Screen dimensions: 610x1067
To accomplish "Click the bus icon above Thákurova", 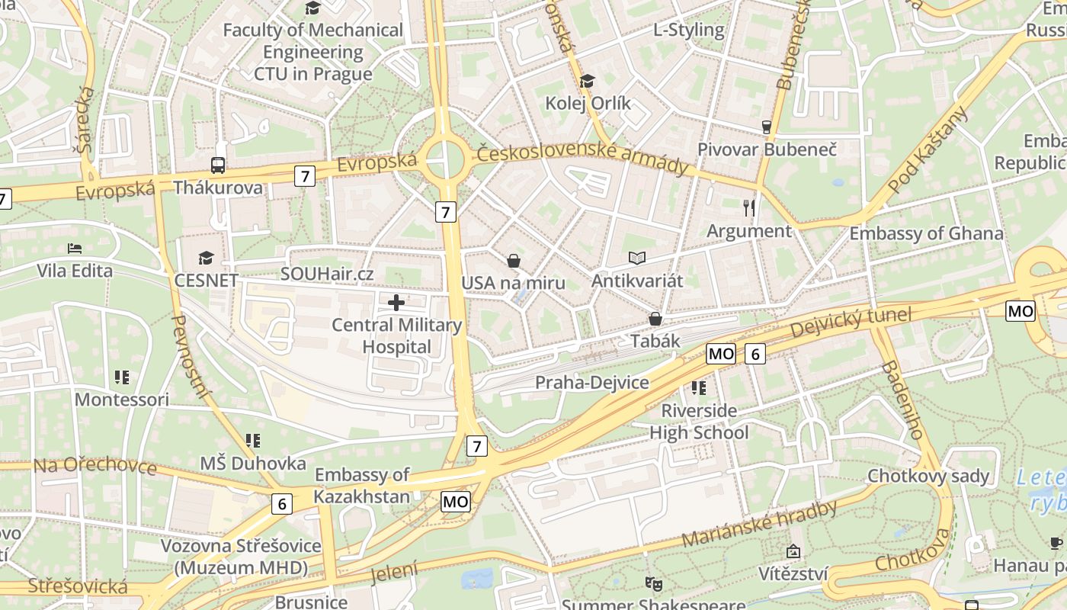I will point(218,165).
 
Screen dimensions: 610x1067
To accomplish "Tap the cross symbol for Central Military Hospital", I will point(396,303).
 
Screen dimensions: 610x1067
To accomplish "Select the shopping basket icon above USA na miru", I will point(514,261).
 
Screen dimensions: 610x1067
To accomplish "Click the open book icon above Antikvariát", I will point(637,259).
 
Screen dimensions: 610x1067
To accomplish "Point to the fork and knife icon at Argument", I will point(749,207).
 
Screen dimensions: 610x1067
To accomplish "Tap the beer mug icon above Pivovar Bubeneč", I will point(767,127).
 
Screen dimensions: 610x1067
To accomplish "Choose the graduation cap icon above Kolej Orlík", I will point(587,81).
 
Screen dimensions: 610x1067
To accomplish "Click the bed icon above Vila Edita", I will point(75,249).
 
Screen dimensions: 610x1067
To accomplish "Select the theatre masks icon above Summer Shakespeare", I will point(653,583).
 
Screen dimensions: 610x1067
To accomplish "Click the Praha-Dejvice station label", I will point(591,383).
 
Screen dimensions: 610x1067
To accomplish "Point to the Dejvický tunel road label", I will point(851,323).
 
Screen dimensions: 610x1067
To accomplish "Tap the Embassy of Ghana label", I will point(926,233).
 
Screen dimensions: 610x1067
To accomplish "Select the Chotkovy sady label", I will point(928,477).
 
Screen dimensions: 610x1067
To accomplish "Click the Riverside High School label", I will point(699,422).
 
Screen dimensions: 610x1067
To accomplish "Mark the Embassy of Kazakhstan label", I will point(362,486).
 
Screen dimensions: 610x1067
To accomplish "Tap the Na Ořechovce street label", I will point(95,465).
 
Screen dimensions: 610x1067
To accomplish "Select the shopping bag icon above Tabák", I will point(655,319).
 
